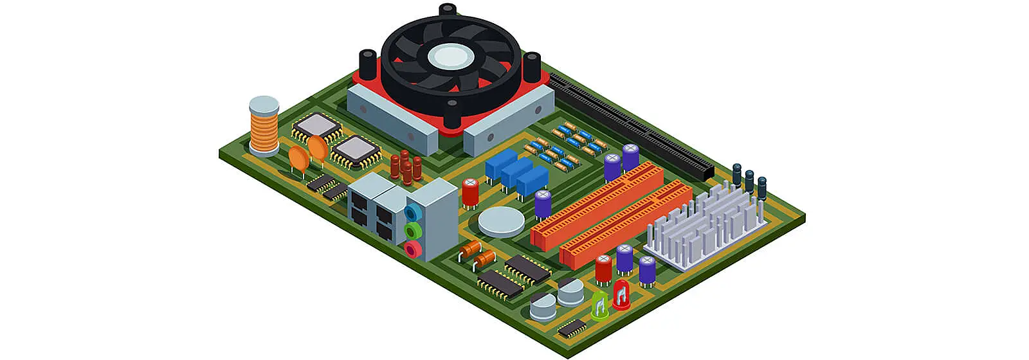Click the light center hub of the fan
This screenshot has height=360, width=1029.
pos(450,57)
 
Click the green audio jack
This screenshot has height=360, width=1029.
pos(413,230)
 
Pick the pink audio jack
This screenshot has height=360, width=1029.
pos(413,248)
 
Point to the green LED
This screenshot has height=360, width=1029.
pos(599,305)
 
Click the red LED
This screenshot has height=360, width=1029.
pos(621,294)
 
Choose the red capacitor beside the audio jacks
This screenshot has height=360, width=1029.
pos(470,192)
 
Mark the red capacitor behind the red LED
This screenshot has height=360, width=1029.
pos(603,268)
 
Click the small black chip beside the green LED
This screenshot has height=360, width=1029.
pos(572,327)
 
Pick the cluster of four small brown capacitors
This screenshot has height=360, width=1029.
pos(406,166)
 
